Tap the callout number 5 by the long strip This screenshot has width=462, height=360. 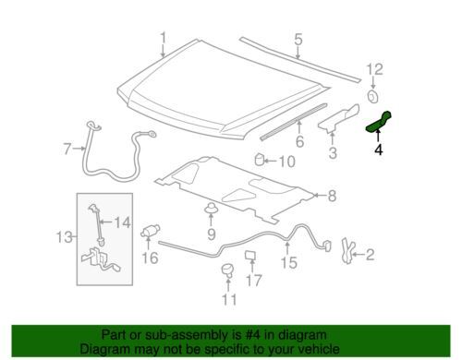298,40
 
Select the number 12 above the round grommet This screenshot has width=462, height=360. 373,68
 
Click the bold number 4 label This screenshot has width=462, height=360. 379,148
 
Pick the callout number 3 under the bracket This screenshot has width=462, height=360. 334,151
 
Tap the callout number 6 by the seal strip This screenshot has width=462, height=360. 298,141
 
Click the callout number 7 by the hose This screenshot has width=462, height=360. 67,148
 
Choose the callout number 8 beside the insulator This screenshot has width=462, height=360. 333,195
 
